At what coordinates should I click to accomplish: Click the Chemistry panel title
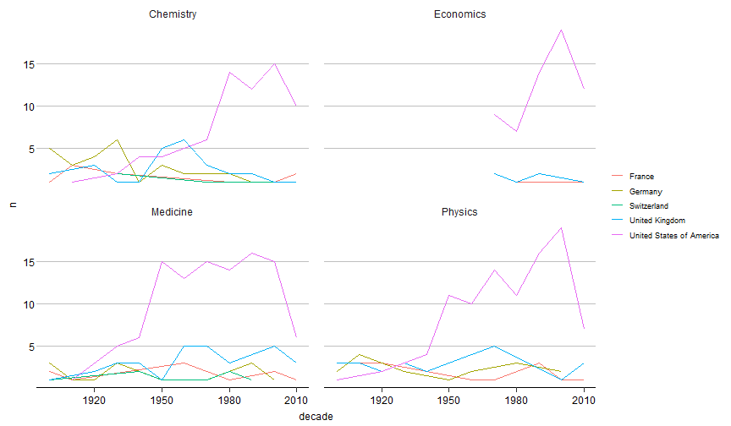click(x=170, y=14)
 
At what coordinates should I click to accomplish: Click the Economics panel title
click(x=459, y=14)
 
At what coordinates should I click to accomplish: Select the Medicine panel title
click(x=171, y=211)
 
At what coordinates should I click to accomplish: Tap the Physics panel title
click(x=459, y=211)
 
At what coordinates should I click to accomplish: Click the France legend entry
click(x=641, y=176)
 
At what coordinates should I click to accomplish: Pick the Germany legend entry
click(x=646, y=191)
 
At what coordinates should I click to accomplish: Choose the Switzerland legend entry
click(x=649, y=205)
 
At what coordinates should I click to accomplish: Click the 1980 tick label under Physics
click(x=516, y=400)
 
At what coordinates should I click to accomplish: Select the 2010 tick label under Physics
click(x=584, y=400)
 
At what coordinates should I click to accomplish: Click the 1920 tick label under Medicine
click(x=94, y=400)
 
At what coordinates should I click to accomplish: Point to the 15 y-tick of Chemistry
click(x=28, y=64)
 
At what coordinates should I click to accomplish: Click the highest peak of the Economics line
click(x=561, y=30)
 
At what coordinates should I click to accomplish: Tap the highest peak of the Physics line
click(x=561, y=227)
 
